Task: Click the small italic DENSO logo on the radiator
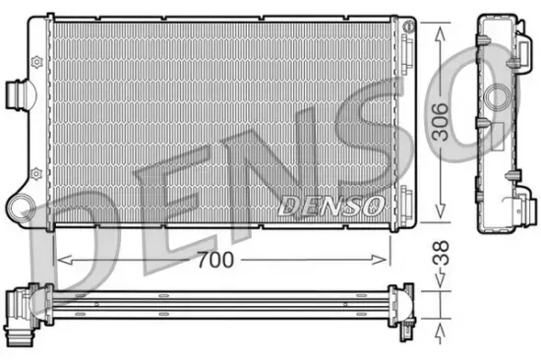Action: pos(330,206)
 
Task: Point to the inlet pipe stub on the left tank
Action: pos(17,92)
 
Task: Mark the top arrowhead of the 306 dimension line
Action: pos(440,22)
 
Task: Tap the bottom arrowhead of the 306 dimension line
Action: pos(440,223)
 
